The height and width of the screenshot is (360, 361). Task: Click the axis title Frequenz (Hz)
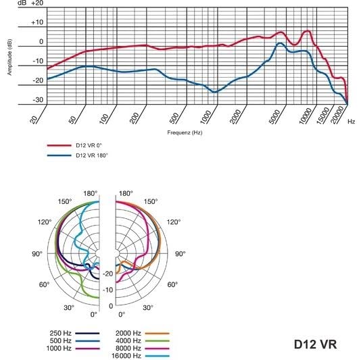coord(185,132)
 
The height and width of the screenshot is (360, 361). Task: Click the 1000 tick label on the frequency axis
coord(206,118)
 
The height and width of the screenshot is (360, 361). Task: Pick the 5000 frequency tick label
coord(272,118)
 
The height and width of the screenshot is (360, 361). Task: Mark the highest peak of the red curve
coord(308,31)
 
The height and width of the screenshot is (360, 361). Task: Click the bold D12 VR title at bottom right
coord(315,344)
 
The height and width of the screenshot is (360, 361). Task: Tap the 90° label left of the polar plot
coord(37,254)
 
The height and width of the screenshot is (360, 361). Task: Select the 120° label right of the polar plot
coord(174,222)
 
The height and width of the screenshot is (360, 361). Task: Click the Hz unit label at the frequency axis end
coord(352,122)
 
